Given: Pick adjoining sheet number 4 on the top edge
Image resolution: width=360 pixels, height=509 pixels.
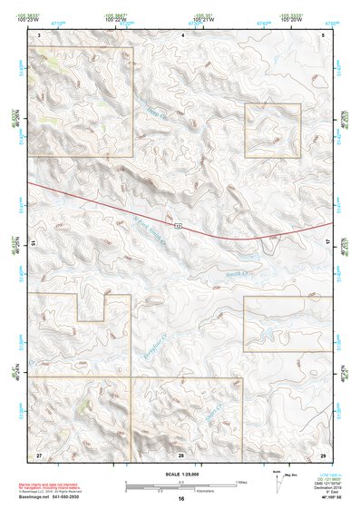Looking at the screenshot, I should coord(183,34).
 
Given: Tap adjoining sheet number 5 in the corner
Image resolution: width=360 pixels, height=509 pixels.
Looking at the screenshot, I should coord(324,34).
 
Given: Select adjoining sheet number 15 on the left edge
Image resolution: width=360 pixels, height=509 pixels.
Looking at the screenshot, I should coord(34,243).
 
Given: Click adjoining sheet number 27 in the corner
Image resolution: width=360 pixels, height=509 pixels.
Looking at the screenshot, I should coord(39,453).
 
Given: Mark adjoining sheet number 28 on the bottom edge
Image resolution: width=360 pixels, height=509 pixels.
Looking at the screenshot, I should coord(181,453).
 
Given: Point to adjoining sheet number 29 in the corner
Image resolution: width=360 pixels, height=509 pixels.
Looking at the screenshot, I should coord(323,453).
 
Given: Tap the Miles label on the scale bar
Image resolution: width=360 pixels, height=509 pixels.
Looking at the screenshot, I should coord(241,481).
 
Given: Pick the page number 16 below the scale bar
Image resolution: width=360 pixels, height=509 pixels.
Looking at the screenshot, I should coord(181,499).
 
